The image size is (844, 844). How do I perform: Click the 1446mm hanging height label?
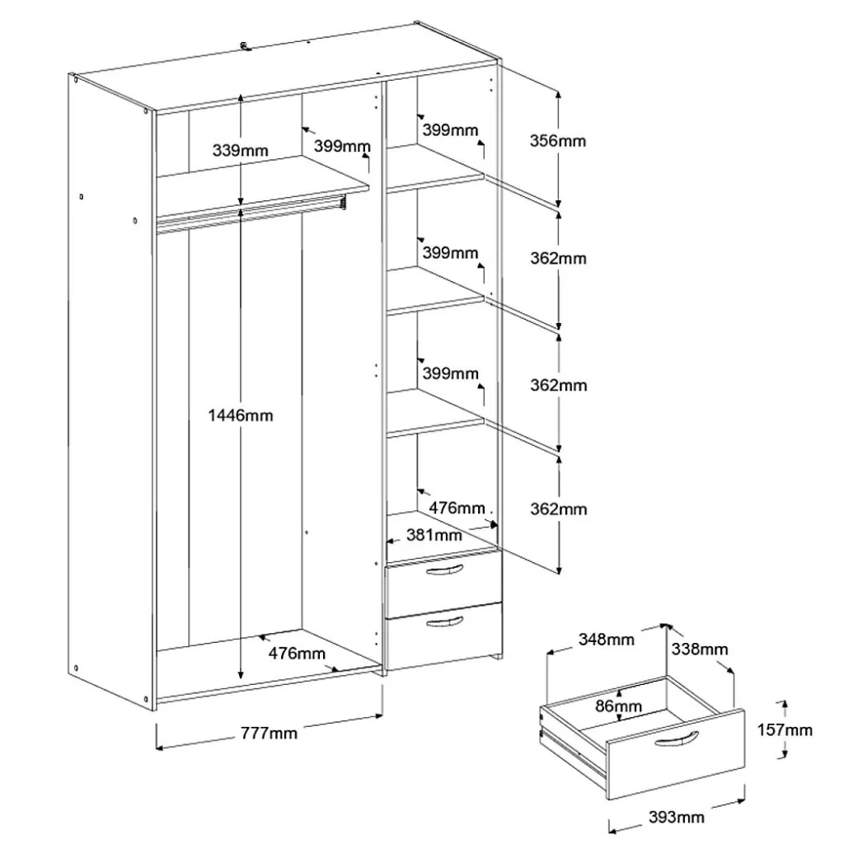241,415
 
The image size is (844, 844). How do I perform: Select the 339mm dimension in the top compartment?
240,150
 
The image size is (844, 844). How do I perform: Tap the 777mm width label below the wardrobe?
269,733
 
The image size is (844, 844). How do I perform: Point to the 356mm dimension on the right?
558,140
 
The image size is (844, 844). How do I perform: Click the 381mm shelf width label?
434,534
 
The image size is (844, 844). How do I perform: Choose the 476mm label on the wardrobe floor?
297,653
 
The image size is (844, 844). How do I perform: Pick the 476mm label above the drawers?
457,507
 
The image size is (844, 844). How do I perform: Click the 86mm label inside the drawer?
618,706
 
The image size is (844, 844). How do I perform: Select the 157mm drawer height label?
785,730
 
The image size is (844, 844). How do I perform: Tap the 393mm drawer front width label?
676,817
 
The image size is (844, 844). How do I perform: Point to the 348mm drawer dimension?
606,639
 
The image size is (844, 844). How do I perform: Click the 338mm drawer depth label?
699,649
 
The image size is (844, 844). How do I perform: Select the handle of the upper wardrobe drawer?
444,570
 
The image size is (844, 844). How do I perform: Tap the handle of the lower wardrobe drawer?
444,622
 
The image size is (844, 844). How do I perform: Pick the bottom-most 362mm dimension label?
558,509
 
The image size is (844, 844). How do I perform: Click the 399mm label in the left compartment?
342,146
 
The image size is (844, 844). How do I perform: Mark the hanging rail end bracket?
343,203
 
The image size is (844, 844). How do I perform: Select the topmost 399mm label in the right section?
450,129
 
